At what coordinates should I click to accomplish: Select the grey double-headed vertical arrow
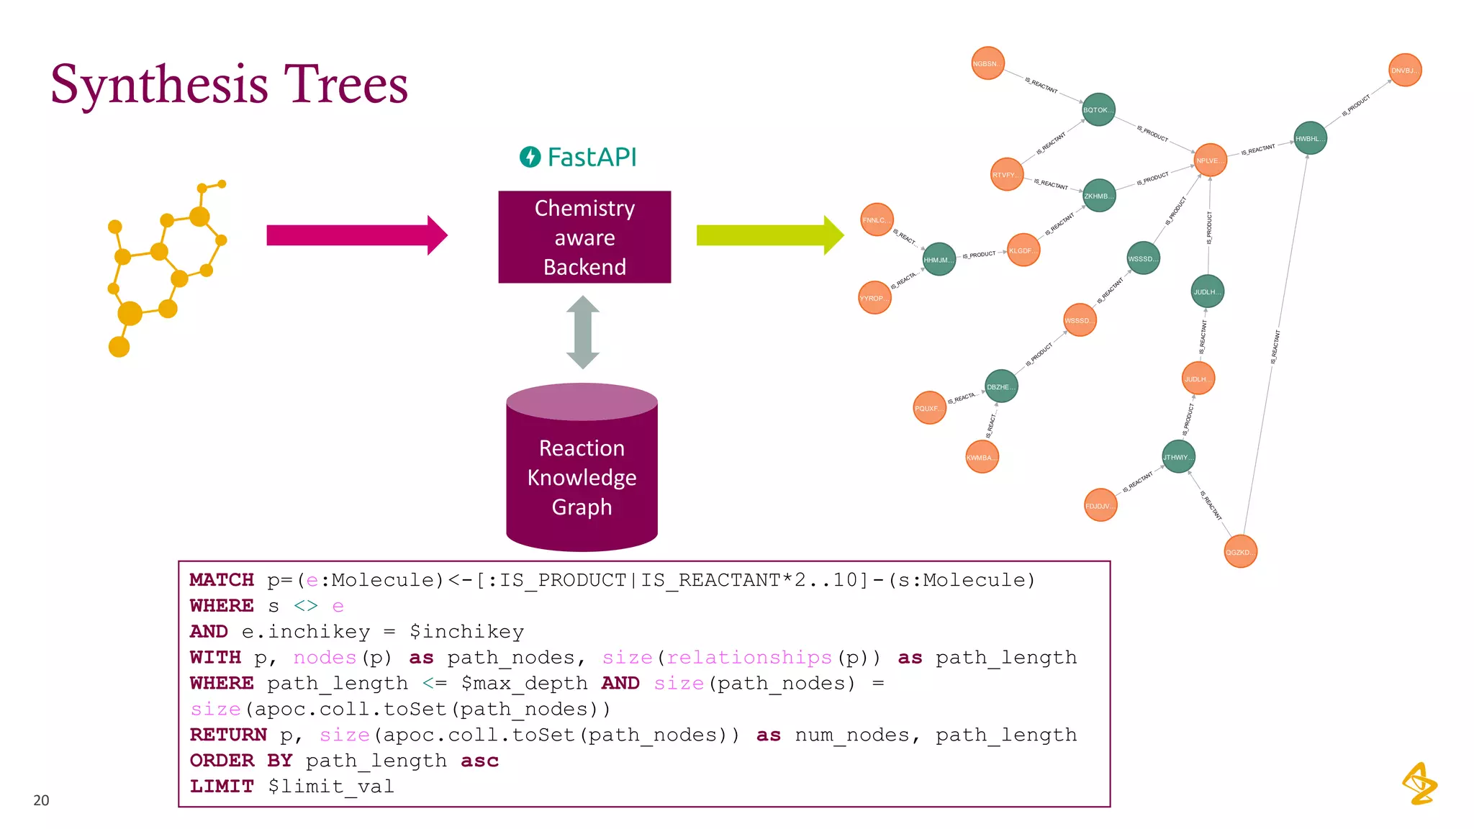[x=583, y=332]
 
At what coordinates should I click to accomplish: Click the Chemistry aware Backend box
[x=584, y=237]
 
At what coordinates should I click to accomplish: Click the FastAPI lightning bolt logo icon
[x=530, y=157]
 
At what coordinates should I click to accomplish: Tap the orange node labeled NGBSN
[x=987, y=63]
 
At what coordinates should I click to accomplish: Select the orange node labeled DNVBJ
[x=1404, y=70]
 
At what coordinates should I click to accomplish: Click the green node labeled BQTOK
[x=1098, y=109]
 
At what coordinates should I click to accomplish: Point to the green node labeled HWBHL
[x=1310, y=138]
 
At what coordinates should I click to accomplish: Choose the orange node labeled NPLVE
[x=1210, y=160]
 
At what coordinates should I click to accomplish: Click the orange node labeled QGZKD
[x=1240, y=552]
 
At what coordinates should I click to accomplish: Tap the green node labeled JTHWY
[x=1178, y=457]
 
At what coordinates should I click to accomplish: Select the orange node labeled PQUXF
[x=929, y=408]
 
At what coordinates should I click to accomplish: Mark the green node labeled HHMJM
[x=939, y=259]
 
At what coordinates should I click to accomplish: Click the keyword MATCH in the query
[x=222, y=580]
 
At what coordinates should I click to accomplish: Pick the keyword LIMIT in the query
[x=222, y=787]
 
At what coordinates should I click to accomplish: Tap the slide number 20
[x=41, y=800]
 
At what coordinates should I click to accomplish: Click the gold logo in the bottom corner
[x=1419, y=784]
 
